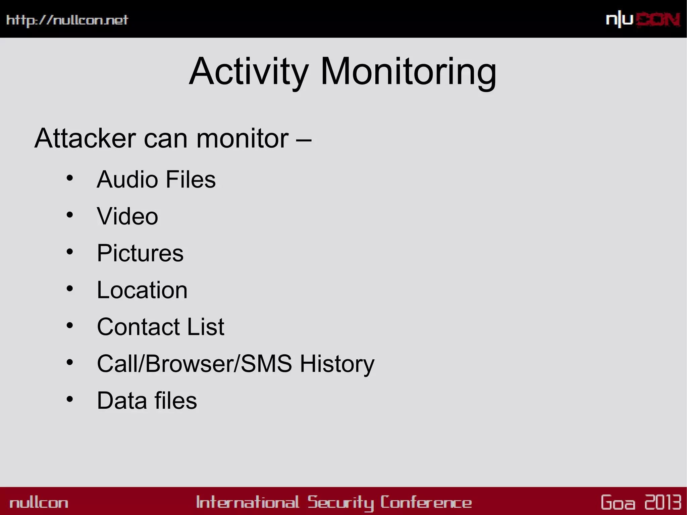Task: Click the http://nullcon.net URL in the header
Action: [67, 20]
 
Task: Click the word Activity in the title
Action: [249, 72]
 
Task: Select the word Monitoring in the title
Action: [408, 72]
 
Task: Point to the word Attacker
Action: [85, 138]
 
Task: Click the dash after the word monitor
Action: [304, 139]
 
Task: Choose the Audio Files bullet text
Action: [156, 179]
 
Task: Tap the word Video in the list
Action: [127, 216]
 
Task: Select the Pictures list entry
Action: [140, 253]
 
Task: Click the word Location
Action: [142, 290]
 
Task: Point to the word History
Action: [337, 364]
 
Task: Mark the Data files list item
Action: [147, 401]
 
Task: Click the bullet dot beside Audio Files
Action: [70, 178]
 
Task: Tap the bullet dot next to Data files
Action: [70, 399]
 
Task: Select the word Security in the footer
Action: [340, 503]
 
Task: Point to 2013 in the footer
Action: [663, 502]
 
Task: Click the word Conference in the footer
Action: [426, 503]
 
